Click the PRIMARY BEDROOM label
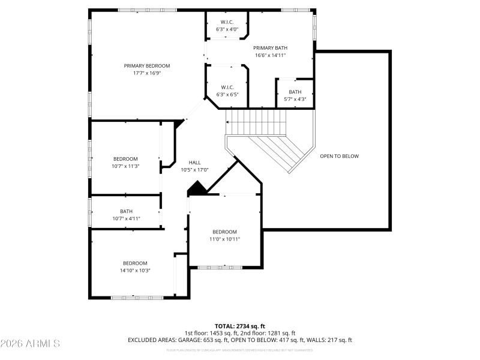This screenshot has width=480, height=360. click(147, 66)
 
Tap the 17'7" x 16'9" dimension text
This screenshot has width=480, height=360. click(147, 73)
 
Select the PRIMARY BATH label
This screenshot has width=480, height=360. click(271, 48)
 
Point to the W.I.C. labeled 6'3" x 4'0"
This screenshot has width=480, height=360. click(227, 25)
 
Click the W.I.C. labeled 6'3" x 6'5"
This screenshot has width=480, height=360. click(227, 91)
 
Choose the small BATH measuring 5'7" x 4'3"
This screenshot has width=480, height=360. click(295, 95)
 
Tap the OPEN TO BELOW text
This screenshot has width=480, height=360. click(339, 156)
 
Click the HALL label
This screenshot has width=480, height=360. click(195, 163)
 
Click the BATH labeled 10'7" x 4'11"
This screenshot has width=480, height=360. click(126, 214)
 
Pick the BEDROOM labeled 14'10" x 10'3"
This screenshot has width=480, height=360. click(135, 266)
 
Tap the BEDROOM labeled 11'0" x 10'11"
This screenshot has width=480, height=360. click(224, 235)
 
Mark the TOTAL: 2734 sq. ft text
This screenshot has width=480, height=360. click(239, 326)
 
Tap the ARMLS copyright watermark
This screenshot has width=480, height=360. click(30, 344)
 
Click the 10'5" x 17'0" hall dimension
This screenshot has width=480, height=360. click(195, 170)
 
